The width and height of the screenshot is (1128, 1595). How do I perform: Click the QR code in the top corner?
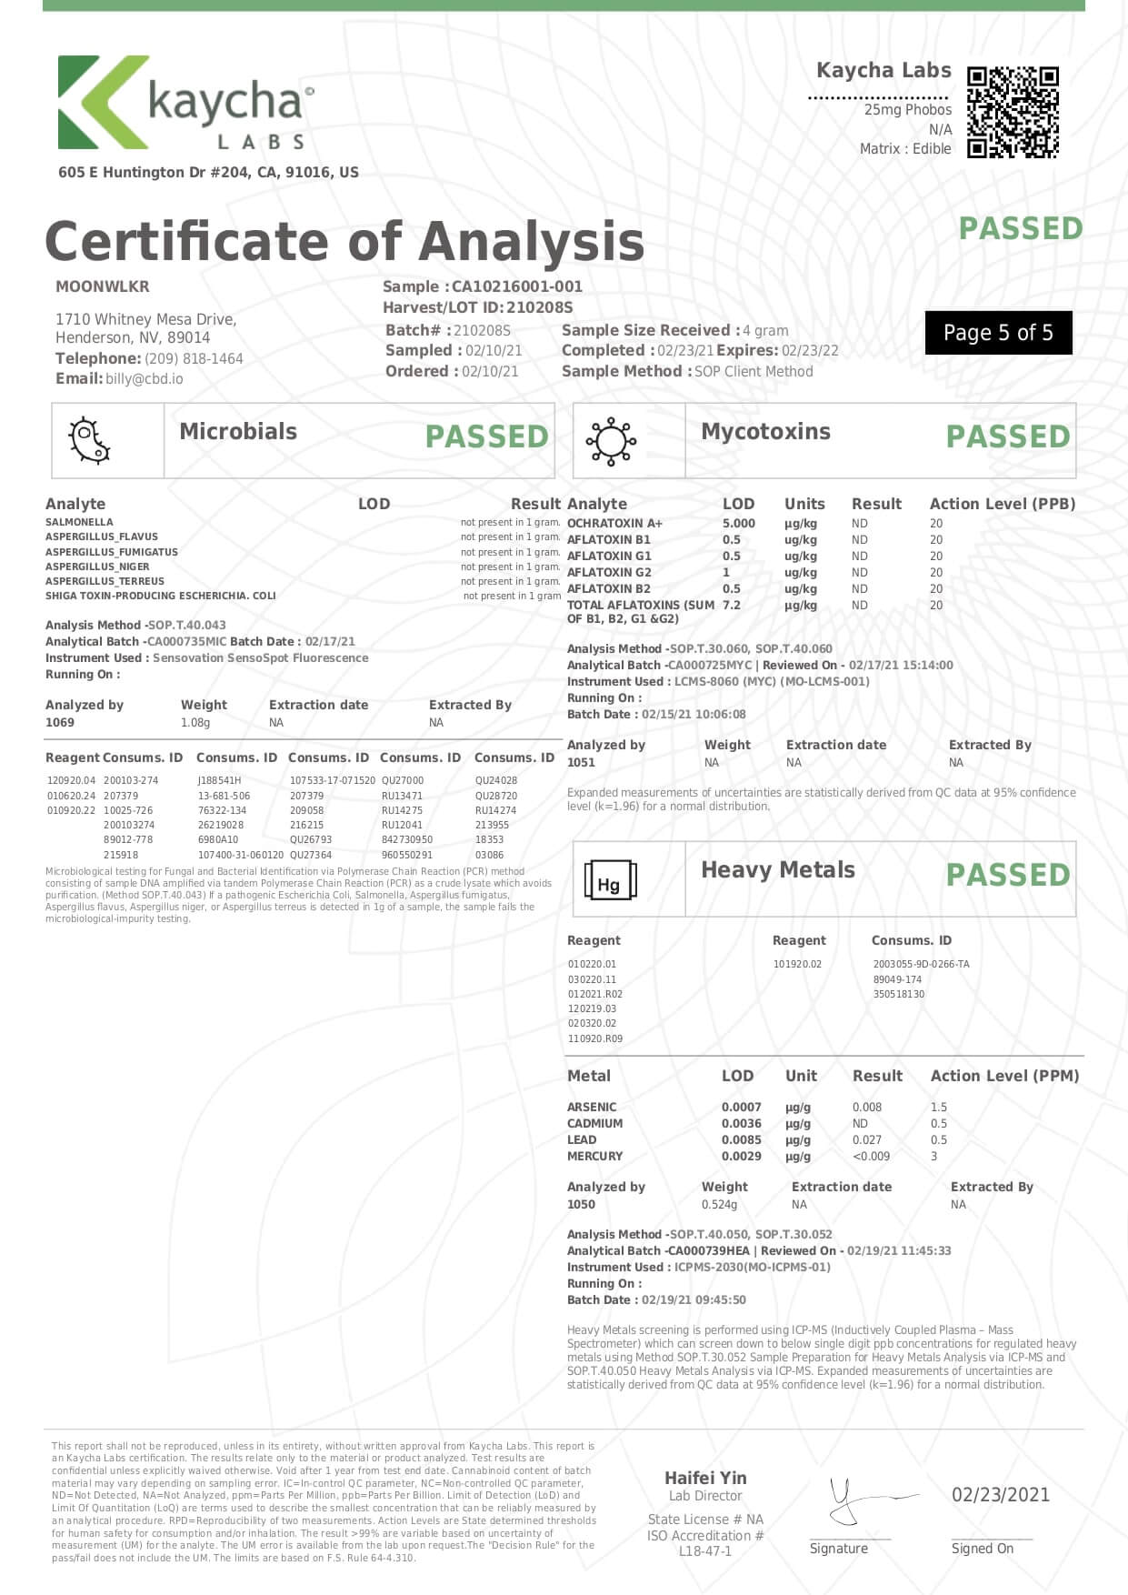(1013, 112)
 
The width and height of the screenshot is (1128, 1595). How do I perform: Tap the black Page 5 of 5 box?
(998, 333)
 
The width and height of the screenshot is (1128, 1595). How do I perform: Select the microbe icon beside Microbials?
(89, 441)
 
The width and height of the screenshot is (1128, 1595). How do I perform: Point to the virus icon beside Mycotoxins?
(611, 441)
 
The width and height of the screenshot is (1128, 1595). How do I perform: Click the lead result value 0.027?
(866, 1139)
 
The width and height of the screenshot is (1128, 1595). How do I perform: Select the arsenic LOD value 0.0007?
(741, 1107)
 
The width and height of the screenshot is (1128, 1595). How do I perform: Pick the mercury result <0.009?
(871, 1156)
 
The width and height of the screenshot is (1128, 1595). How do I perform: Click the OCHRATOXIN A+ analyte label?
(614, 523)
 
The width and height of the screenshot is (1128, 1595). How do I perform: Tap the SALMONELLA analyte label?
(79, 522)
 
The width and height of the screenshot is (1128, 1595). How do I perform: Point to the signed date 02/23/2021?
(1000, 1494)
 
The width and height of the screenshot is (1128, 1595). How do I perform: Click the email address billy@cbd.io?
(144, 379)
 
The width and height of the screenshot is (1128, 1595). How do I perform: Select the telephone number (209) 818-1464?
(194, 358)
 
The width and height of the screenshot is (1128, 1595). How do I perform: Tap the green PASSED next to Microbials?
(486, 436)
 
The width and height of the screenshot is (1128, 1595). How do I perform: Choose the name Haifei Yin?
(705, 1478)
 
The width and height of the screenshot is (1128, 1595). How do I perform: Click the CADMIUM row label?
(594, 1123)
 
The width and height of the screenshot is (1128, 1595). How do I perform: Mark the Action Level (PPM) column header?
(1004, 1076)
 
